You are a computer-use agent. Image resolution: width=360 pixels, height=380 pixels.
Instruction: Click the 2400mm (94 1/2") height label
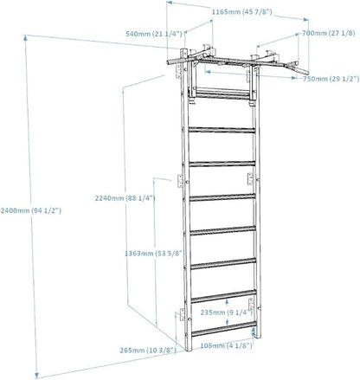[x=30, y=210]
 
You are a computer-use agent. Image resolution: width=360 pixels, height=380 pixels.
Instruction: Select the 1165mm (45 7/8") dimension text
[x=242, y=12]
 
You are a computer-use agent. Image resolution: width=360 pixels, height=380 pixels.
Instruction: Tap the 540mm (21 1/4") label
[x=154, y=34]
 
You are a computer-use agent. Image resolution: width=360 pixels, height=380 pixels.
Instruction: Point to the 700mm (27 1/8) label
[x=329, y=33]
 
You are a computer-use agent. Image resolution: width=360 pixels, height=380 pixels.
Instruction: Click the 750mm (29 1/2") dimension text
[x=331, y=79]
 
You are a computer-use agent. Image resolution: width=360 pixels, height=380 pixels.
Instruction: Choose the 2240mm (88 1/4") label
[x=125, y=198]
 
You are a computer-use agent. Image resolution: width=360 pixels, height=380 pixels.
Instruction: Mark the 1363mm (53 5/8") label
[x=154, y=254]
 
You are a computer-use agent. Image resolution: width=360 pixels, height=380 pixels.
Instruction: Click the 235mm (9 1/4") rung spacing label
[x=227, y=312]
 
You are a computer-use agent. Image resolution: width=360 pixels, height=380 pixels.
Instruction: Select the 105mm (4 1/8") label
[x=226, y=345]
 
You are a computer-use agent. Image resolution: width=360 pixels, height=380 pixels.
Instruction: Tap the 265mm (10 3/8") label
[x=148, y=351]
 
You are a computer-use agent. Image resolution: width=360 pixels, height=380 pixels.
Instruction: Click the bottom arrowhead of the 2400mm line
[x=37, y=375]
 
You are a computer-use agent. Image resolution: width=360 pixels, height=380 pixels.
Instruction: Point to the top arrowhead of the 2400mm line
[x=26, y=38]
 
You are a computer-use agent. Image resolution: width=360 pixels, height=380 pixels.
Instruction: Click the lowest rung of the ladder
[x=224, y=329]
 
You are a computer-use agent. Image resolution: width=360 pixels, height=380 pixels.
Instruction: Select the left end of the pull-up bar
[x=168, y=62]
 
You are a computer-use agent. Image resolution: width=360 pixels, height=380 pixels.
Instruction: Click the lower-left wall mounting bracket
[x=182, y=314]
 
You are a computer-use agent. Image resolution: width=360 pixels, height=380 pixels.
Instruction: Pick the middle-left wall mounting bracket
[x=180, y=181]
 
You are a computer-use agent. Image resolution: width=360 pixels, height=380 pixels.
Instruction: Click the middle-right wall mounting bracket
[x=250, y=178]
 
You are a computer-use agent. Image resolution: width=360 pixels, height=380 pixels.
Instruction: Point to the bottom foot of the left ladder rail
[x=189, y=350]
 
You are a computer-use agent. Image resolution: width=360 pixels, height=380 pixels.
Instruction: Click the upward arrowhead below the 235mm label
[x=254, y=330]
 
